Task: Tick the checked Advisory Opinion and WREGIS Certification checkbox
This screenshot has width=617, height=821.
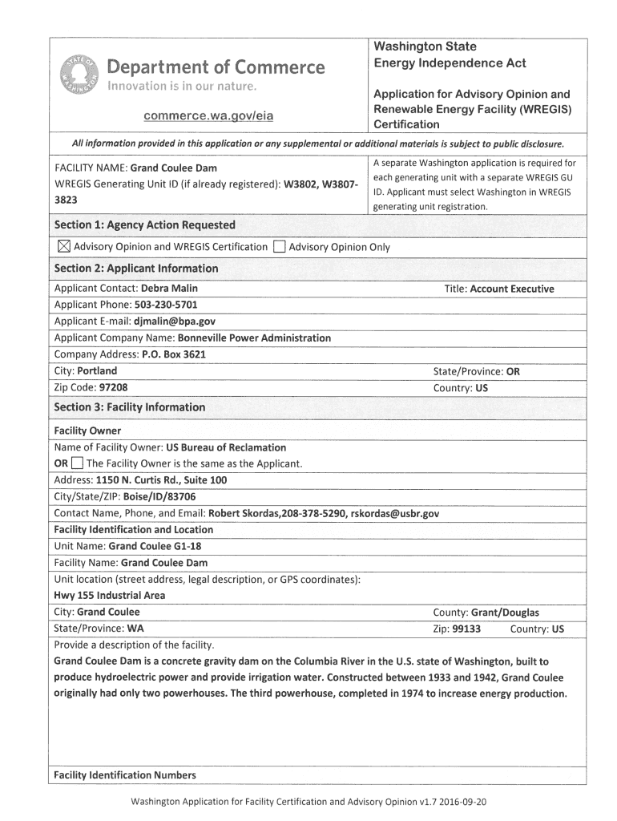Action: [63, 247]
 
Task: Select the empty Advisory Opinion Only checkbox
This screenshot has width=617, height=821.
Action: [278, 247]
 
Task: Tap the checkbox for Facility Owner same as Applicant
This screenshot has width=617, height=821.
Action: [76, 463]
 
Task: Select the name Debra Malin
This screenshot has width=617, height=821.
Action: [169, 288]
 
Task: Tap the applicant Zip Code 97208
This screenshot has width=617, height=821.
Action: [112, 387]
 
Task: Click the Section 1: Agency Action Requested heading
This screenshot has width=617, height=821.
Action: [144, 224]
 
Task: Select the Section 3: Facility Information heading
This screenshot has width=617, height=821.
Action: [129, 407]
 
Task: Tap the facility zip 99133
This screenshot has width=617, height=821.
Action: [466, 629]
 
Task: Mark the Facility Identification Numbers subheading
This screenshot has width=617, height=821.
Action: [124, 774]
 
